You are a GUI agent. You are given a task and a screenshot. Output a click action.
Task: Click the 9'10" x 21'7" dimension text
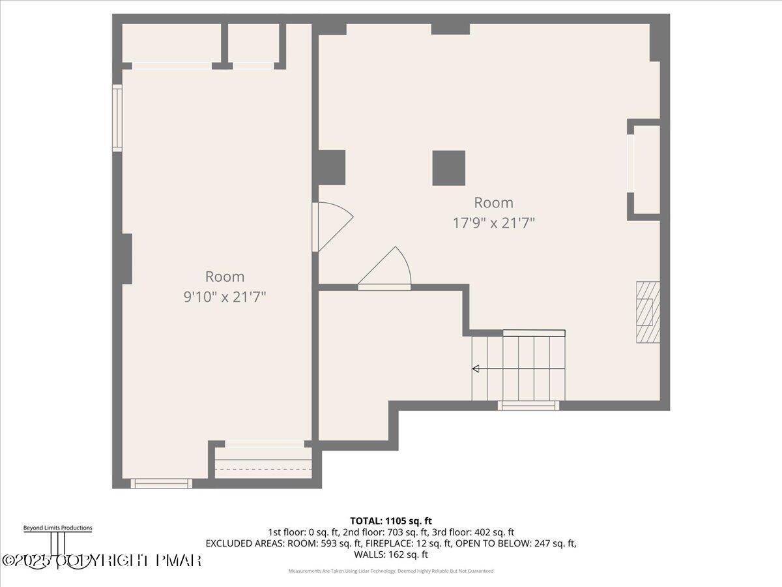click(x=225, y=297)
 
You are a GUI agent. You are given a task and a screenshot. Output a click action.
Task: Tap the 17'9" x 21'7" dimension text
click(x=494, y=223)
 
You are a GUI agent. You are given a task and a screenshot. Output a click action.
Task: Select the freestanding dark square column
click(x=449, y=168)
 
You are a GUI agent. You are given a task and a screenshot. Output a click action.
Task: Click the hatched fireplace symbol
click(x=648, y=312)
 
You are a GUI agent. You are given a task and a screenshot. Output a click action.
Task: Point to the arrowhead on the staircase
click(x=476, y=369)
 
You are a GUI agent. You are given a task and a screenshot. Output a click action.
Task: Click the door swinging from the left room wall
click(x=332, y=226)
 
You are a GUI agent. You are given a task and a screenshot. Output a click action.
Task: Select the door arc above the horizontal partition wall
click(x=387, y=267)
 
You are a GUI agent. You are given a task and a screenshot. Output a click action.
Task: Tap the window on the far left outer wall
click(x=117, y=118)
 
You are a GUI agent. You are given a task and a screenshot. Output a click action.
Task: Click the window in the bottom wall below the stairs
click(x=529, y=406)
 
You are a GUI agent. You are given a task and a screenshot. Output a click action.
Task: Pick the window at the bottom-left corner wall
click(x=161, y=483)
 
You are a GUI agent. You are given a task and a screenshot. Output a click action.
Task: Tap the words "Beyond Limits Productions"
click(x=57, y=528)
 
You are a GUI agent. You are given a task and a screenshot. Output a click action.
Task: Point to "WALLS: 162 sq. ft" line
click(x=391, y=554)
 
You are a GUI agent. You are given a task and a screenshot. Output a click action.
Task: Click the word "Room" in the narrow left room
click(x=225, y=277)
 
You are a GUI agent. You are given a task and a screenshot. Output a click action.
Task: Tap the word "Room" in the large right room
click(x=493, y=202)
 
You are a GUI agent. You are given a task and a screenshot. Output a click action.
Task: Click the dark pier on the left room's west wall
click(x=126, y=259)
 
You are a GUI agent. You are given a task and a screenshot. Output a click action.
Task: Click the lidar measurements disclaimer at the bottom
click(x=391, y=571)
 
